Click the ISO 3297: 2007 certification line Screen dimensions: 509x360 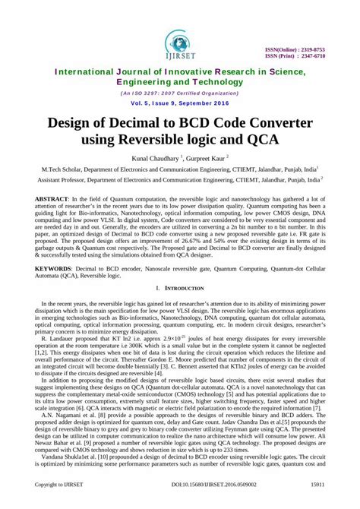tap(179, 93)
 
